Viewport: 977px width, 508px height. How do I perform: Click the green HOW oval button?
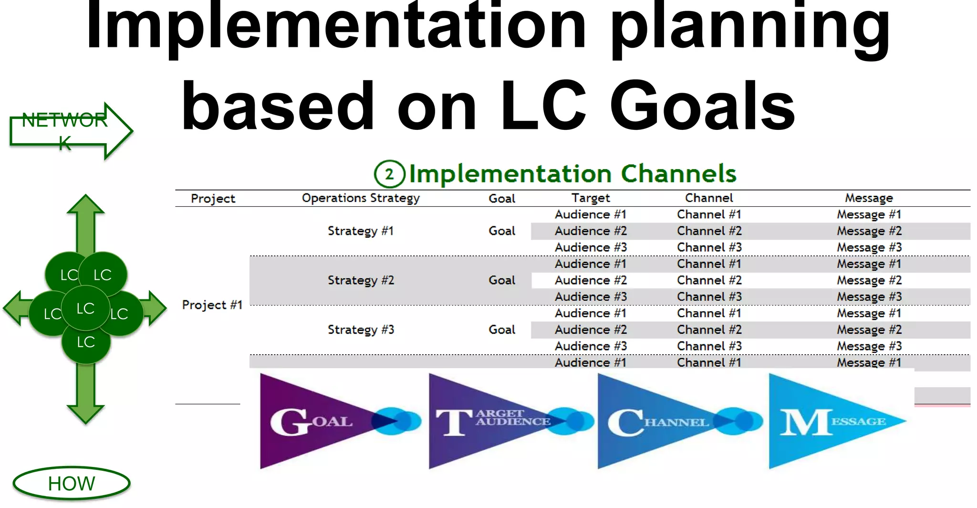[x=72, y=483]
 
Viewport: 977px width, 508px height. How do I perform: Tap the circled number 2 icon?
[x=389, y=174]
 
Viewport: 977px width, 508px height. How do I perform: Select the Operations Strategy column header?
[x=361, y=198]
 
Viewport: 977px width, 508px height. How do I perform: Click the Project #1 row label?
[x=212, y=305]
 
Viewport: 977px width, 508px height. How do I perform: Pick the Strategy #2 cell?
[x=361, y=280]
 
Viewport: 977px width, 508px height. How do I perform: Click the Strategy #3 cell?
[x=361, y=329]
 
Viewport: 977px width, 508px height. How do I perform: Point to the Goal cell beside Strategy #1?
[x=502, y=231]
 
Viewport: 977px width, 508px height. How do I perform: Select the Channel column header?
[x=709, y=198]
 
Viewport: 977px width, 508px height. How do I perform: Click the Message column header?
[x=869, y=198]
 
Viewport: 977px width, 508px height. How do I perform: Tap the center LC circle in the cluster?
[x=86, y=308]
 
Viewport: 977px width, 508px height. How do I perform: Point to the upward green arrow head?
[x=86, y=204]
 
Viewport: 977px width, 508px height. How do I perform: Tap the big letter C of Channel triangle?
[x=625, y=423]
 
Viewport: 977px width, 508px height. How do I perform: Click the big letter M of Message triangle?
[x=804, y=423]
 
